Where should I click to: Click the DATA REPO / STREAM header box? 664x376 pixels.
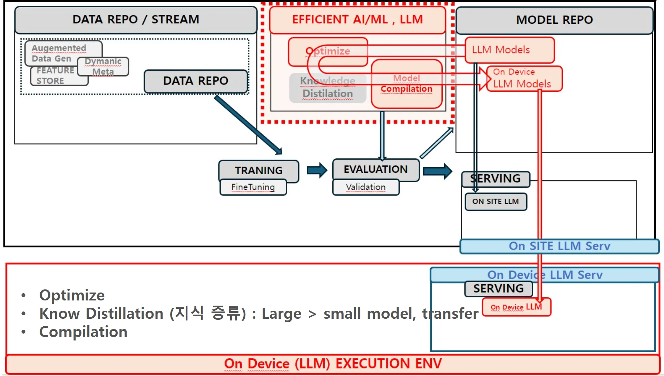(136, 20)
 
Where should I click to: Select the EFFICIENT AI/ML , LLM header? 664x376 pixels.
(357, 20)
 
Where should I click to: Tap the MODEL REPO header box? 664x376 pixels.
(554, 20)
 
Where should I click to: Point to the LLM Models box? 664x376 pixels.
(509, 50)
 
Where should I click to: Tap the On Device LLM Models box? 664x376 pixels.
(524, 79)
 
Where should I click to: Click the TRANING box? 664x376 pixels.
(258, 170)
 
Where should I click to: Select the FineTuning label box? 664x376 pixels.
(253, 187)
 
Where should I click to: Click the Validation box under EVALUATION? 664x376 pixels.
(365, 187)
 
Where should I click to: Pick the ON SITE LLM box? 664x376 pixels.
(496, 201)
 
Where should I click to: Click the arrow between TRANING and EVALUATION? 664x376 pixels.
(317, 170)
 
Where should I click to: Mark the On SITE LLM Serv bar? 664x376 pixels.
(559, 246)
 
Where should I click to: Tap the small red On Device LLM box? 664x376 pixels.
(516, 307)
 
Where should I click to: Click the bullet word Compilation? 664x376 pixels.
(83, 332)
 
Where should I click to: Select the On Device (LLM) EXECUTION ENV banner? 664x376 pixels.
(333, 364)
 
